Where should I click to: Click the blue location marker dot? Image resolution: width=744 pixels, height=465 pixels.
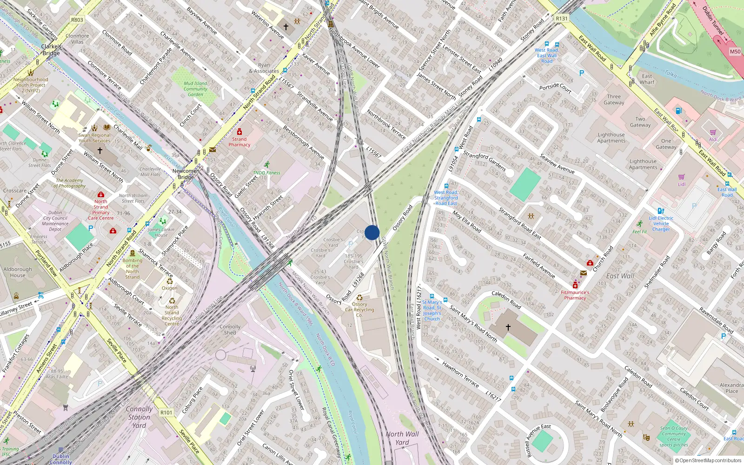point(372,232)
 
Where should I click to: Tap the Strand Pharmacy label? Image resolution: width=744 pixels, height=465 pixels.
point(239,142)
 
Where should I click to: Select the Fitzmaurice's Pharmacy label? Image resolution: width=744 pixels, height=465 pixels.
point(575,295)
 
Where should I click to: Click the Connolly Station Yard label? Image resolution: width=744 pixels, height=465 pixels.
point(139,417)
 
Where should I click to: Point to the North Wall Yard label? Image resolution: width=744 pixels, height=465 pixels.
point(402,438)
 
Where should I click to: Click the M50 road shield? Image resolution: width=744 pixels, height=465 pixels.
point(735,52)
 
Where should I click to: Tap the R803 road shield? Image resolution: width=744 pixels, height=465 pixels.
point(77,20)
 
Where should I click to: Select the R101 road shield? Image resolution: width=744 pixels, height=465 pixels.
point(166,412)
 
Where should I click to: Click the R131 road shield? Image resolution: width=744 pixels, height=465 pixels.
point(562,19)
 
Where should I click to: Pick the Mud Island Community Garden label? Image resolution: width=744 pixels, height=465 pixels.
point(195,89)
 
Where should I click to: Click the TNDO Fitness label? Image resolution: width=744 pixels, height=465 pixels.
point(266,173)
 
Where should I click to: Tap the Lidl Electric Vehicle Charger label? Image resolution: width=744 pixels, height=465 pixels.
point(661,223)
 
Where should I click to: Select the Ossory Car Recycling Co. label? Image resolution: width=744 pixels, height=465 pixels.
point(359,309)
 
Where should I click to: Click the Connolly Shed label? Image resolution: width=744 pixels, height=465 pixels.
point(230,330)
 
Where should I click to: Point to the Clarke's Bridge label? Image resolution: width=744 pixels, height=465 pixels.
point(51,50)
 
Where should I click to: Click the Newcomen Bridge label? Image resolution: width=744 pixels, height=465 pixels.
point(186,174)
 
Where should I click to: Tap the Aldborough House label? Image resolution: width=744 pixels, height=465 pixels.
point(18,272)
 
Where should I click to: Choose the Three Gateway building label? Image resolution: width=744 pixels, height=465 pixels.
point(614,100)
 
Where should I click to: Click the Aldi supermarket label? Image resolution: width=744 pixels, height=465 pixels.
point(713,139)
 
